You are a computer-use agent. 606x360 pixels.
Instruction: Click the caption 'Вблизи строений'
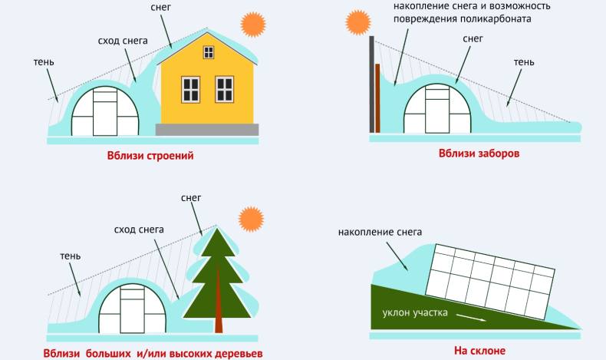(150, 156)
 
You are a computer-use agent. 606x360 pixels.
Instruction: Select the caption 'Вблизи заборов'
(479, 153)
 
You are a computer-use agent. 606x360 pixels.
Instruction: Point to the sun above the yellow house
(252, 25)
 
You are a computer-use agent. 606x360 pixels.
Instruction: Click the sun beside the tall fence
(357, 21)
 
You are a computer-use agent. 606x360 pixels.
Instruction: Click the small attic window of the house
(209, 51)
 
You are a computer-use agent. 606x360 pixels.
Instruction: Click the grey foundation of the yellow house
(208, 129)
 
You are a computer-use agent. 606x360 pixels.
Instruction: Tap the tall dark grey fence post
(371, 84)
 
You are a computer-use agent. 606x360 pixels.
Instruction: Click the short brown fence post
(377, 98)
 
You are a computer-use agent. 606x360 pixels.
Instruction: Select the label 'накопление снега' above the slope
(380, 232)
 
